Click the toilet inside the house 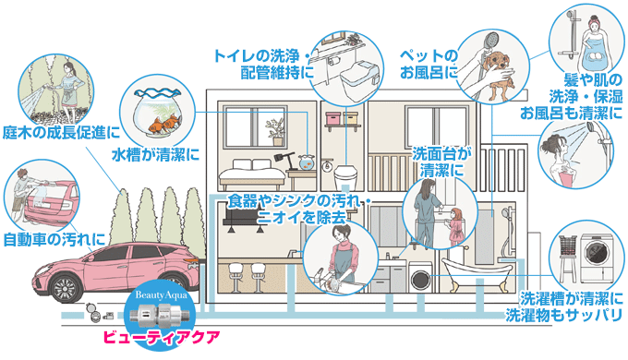coord(344,175)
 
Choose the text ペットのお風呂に coord(427,66)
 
